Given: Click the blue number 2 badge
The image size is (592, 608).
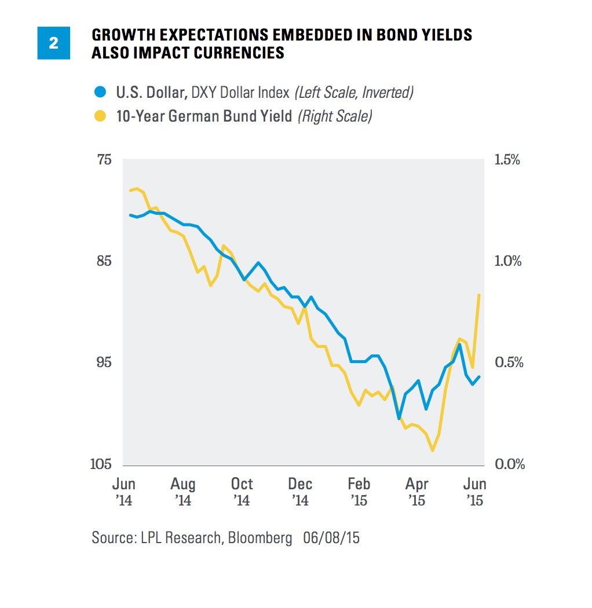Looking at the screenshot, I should click(x=53, y=43).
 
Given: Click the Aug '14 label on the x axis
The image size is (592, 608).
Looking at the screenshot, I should click(x=183, y=491).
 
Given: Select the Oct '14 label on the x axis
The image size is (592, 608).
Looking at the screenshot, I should click(x=242, y=491).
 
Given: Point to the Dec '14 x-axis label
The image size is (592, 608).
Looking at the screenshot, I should click(x=300, y=491).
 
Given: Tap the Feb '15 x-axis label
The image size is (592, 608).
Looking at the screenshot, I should click(x=359, y=491).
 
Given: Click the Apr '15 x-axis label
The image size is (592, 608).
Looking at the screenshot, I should click(x=417, y=491).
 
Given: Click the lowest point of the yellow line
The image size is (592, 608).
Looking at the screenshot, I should click(x=433, y=450).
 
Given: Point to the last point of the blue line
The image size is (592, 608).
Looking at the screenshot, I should click(x=479, y=377).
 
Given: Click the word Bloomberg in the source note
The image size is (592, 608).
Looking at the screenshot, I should click(x=260, y=537).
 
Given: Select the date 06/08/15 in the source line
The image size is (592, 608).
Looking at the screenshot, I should click(x=331, y=537).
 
